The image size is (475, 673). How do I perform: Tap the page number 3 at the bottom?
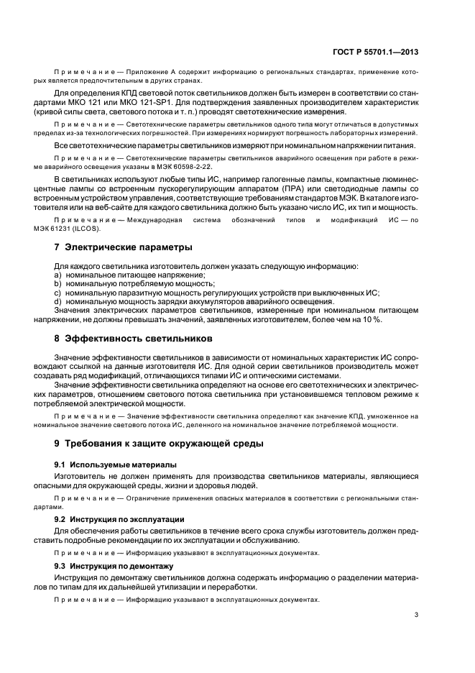point(416,614)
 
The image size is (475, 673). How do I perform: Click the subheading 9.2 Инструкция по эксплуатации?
point(119,518)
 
